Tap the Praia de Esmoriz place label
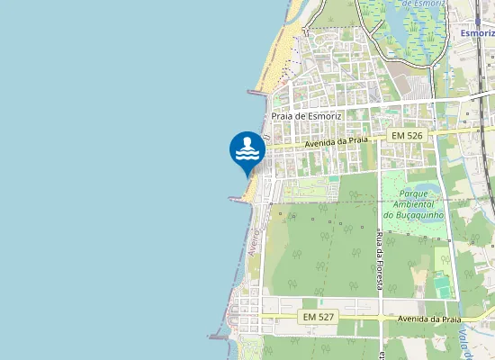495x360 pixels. (309, 117)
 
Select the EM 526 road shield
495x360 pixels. (407, 135)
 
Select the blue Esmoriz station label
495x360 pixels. (478, 33)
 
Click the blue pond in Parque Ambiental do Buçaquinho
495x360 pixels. (428, 190)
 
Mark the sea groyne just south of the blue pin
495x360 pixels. (238, 200)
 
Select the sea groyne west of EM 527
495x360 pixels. (219, 337)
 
